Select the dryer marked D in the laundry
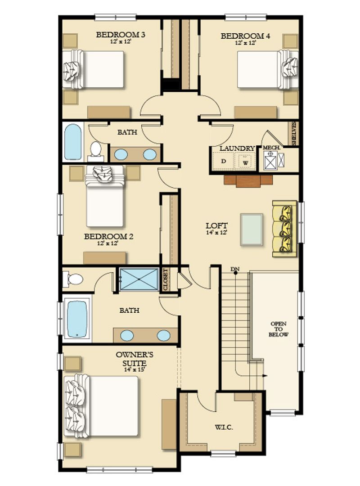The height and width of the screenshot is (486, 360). (x=224, y=161)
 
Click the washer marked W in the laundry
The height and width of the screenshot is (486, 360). (x=246, y=162)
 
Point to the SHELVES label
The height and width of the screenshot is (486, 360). (x=294, y=133)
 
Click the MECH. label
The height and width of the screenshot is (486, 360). (x=271, y=148)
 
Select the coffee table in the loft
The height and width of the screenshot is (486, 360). (x=252, y=229)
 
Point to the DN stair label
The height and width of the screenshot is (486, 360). (x=235, y=269)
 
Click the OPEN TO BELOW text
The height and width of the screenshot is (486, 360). (x=278, y=329)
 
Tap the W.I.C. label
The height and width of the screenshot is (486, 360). (x=224, y=427)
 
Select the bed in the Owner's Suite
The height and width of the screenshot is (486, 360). (x=101, y=406)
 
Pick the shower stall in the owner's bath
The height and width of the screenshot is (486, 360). (x=139, y=279)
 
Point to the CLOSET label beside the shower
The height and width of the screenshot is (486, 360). (x=166, y=279)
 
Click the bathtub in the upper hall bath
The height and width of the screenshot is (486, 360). (x=73, y=142)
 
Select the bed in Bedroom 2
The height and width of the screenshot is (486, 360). (x=105, y=196)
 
